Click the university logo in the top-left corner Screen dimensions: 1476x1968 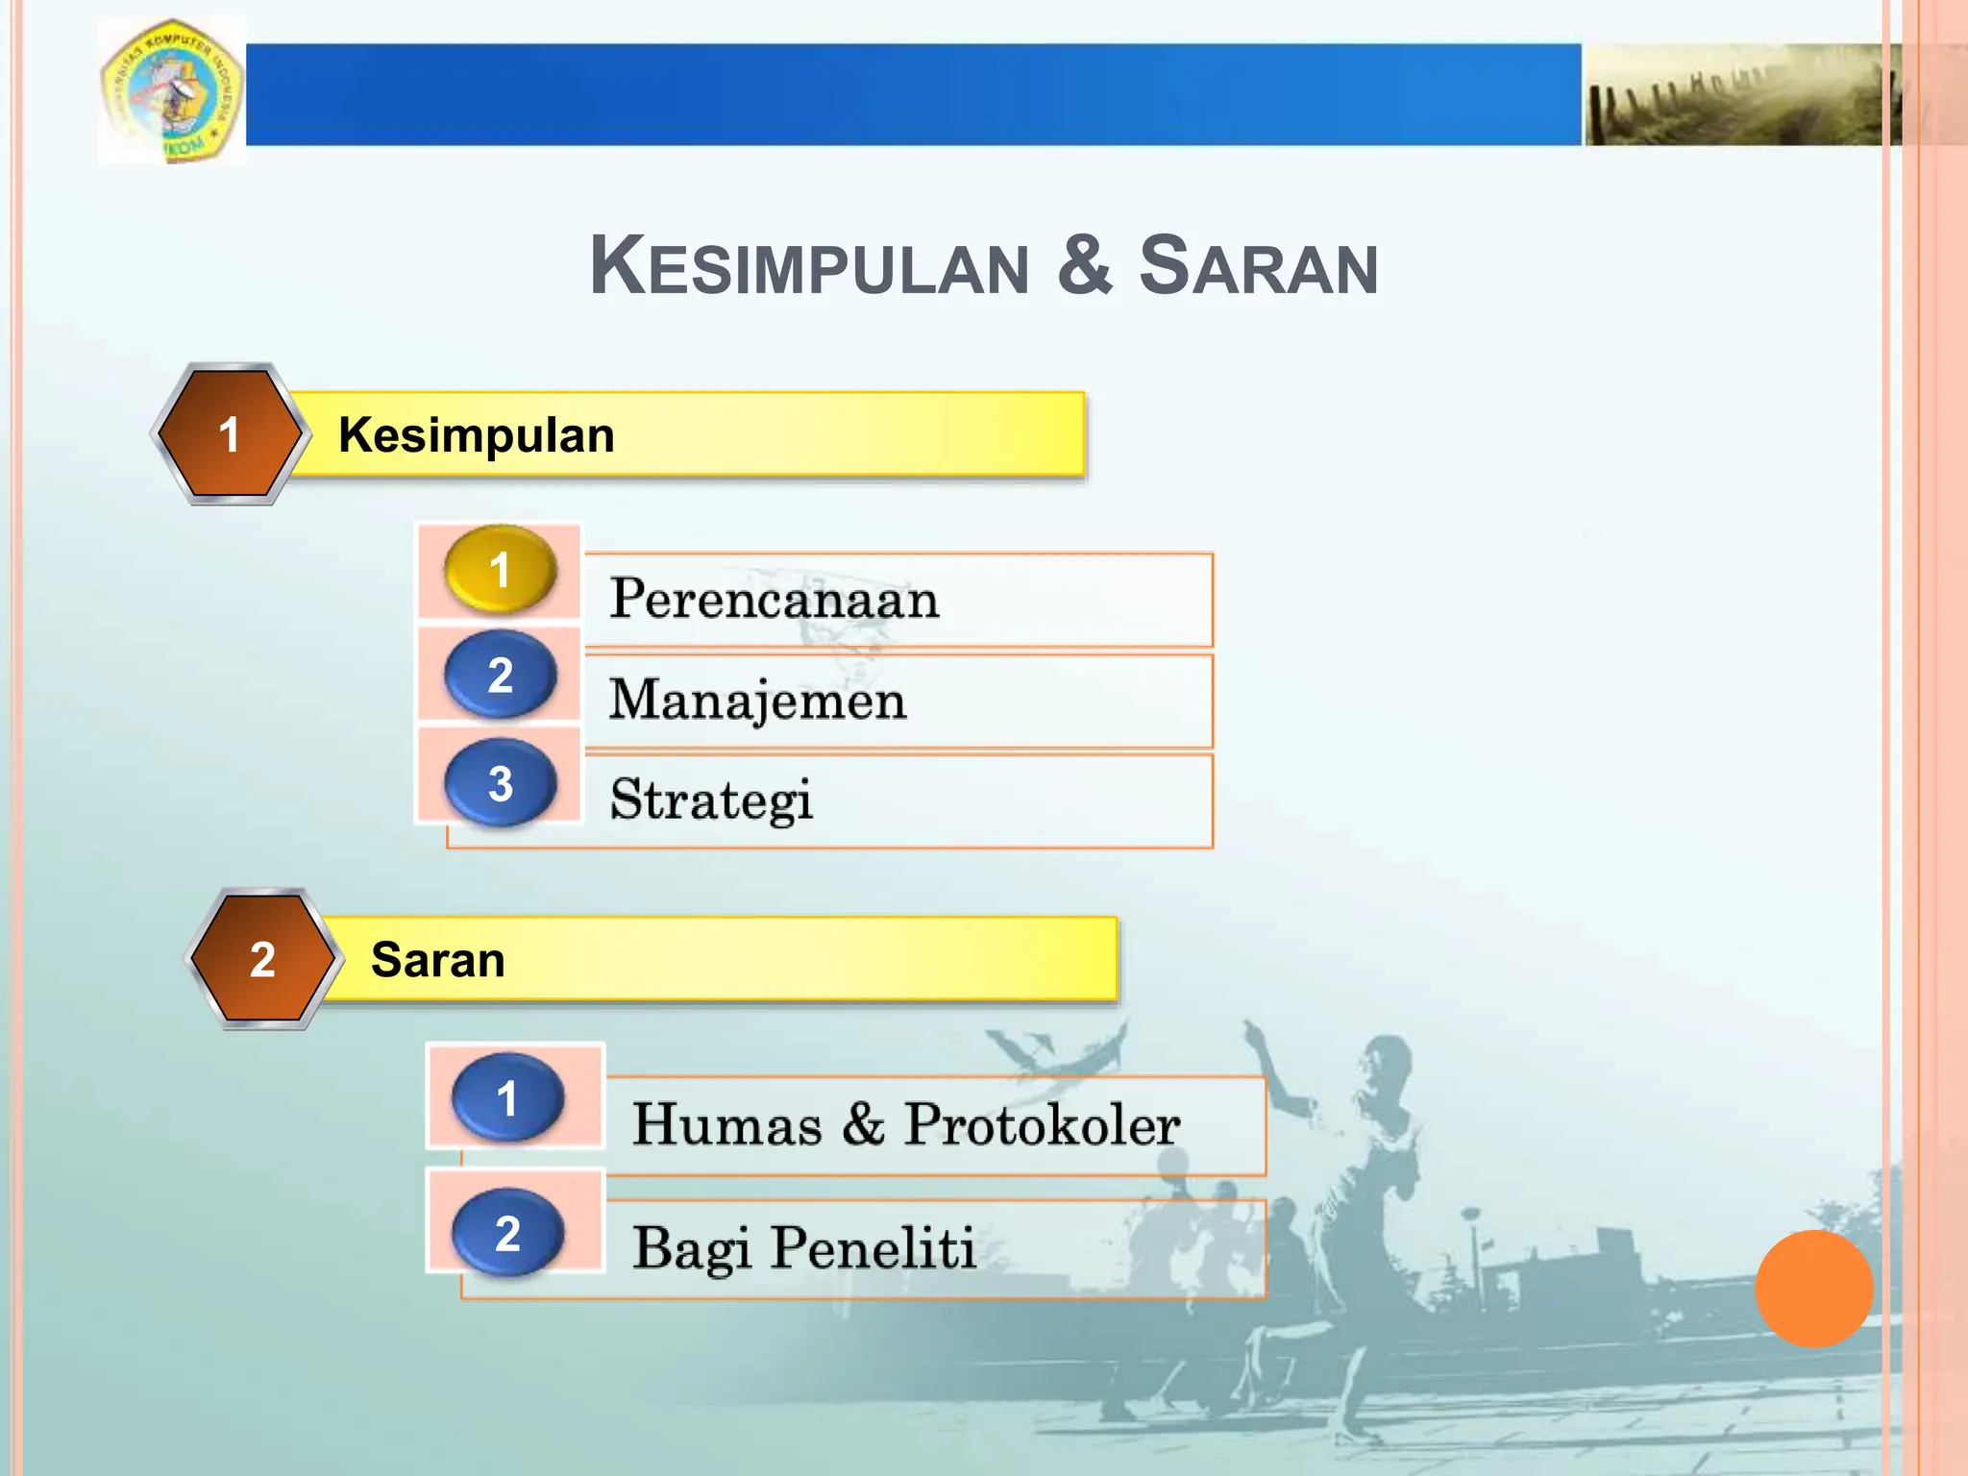[172, 91]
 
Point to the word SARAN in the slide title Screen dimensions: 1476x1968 [1259, 266]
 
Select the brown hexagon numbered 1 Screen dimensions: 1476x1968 [230, 434]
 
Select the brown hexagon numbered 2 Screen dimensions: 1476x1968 [262, 959]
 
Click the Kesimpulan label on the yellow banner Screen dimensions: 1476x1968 [477, 435]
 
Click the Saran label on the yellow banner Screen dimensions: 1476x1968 [438, 960]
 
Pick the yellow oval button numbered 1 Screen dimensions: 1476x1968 [500, 570]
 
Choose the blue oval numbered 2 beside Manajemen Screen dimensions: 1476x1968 [500, 675]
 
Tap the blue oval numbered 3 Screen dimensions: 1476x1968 [500, 782]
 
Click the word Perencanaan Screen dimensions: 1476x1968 [775, 600]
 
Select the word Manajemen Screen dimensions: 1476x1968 [757, 701]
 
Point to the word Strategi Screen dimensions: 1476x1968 [711, 799]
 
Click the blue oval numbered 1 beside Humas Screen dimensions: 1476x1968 [507, 1097]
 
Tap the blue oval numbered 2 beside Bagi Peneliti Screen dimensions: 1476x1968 [507, 1232]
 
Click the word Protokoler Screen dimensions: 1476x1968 [1042, 1124]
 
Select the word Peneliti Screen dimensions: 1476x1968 [873, 1248]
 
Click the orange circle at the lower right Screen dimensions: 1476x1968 [1813, 1288]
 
